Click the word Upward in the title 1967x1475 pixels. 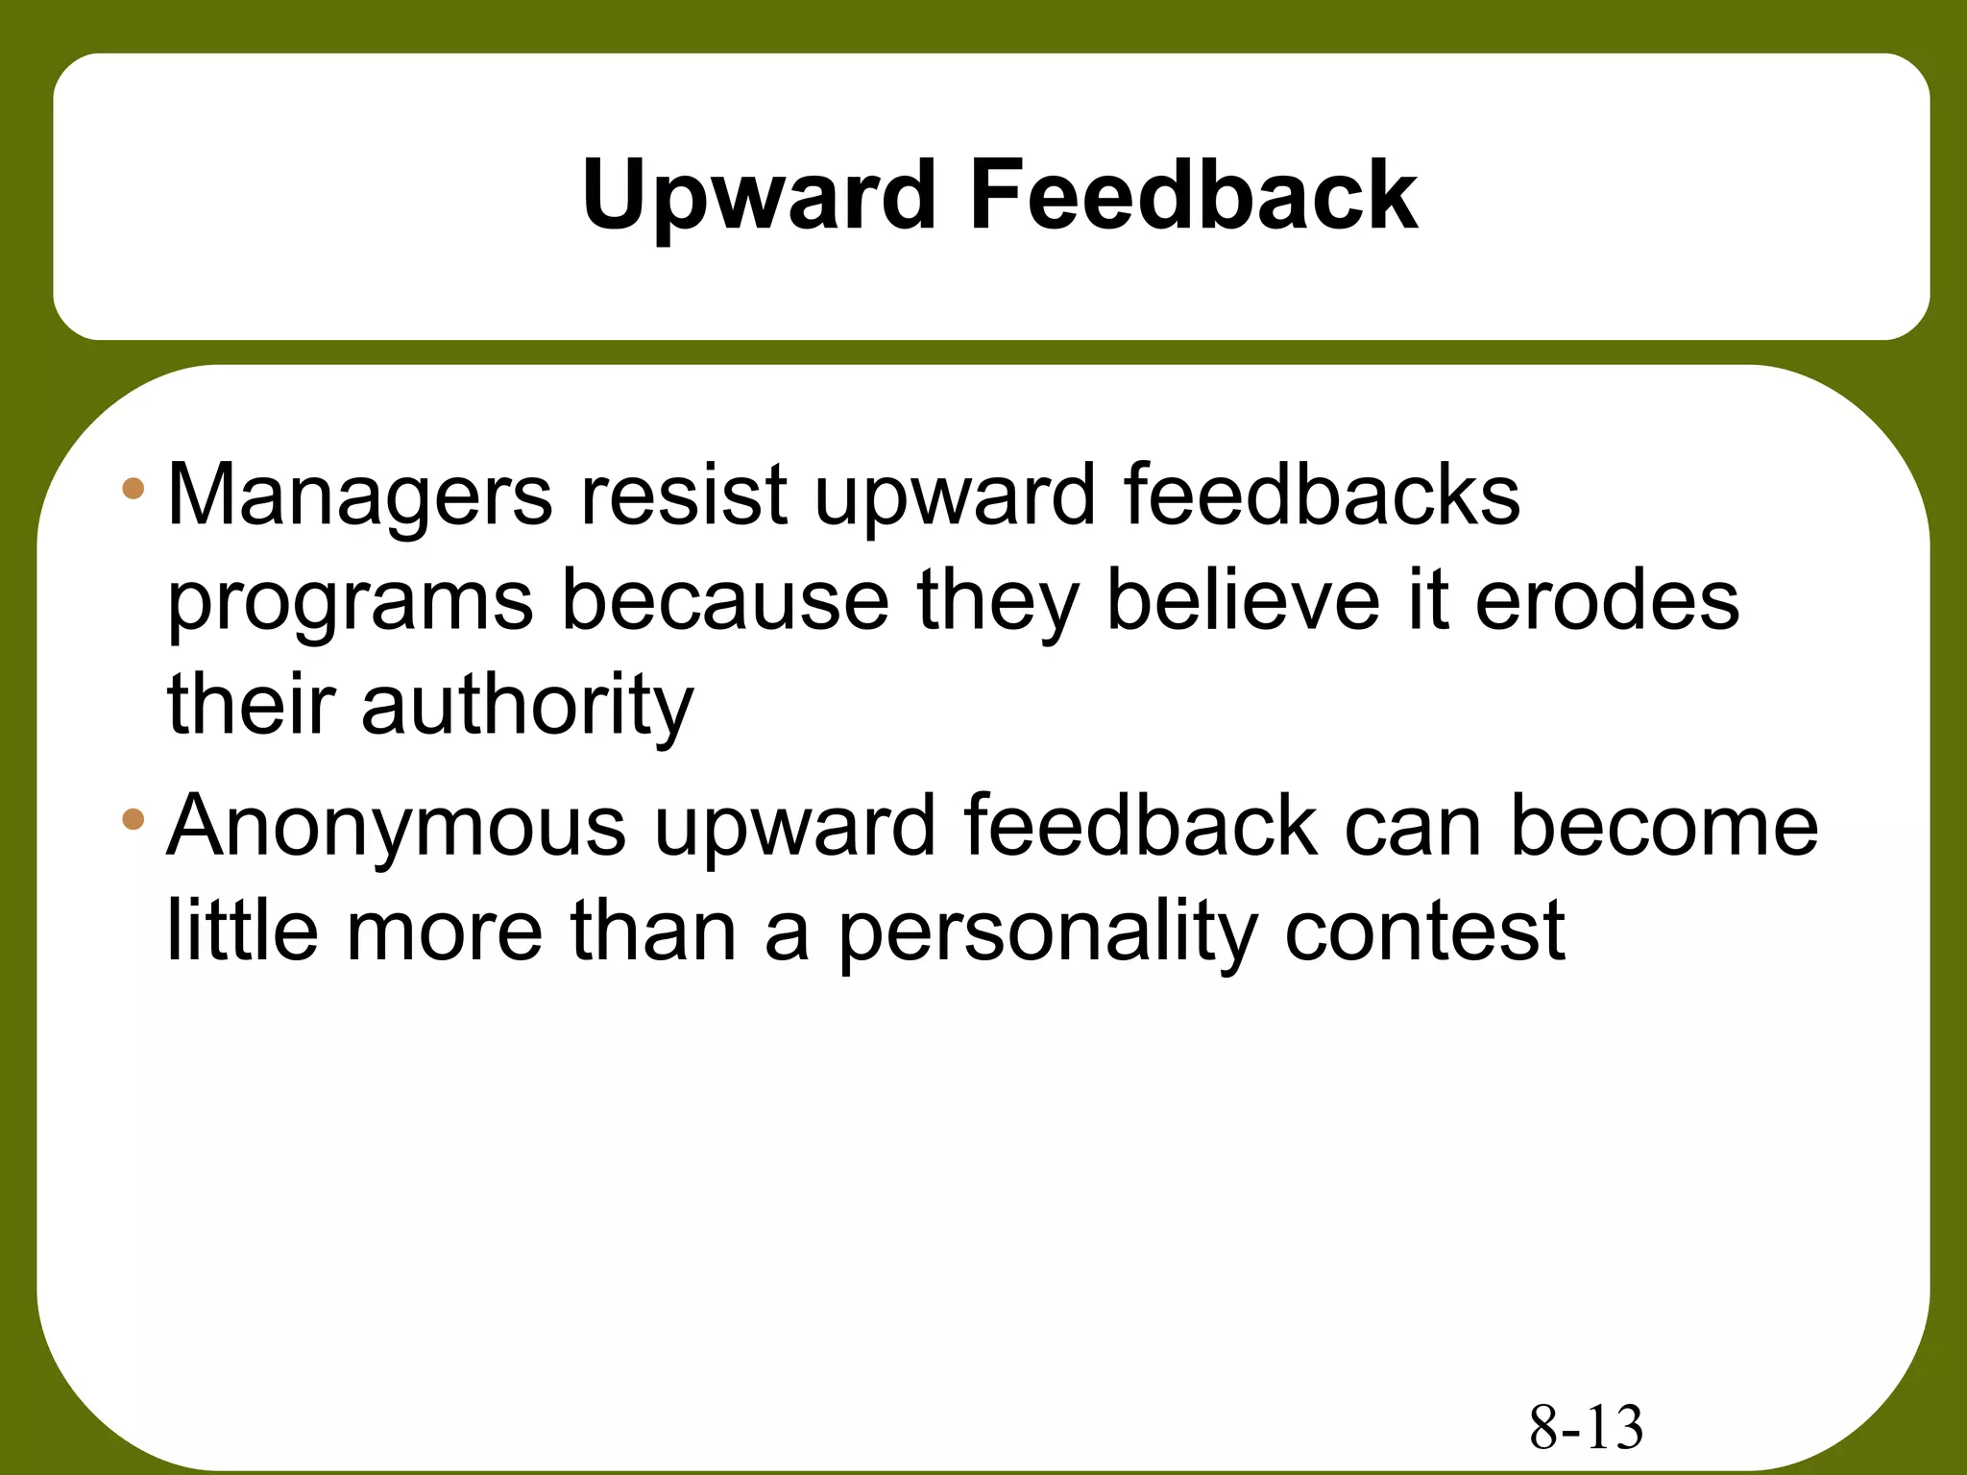pyautogui.click(x=759, y=197)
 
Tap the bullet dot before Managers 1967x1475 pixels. pyautogui.click(x=134, y=490)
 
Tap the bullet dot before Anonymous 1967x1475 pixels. pyautogui.click(x=134, y=819)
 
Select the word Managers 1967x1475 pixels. pyautogui.click(x=359, y=496)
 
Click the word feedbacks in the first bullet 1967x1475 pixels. pyautogui.click(x=1321, y=496)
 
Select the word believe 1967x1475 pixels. pyautogui.click(x=1242, y=601)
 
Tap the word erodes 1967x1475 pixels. pyautogui.click(x=1606, y=601)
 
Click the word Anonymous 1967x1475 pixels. pyautogui.click(x=396, y=828)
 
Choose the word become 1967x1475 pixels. pyautogui.click(x=1663, y=828)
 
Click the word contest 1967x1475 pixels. pyautogui.click(x=1424, y=931)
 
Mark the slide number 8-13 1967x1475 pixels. pyautogui.click(x=1586, y=1428)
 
